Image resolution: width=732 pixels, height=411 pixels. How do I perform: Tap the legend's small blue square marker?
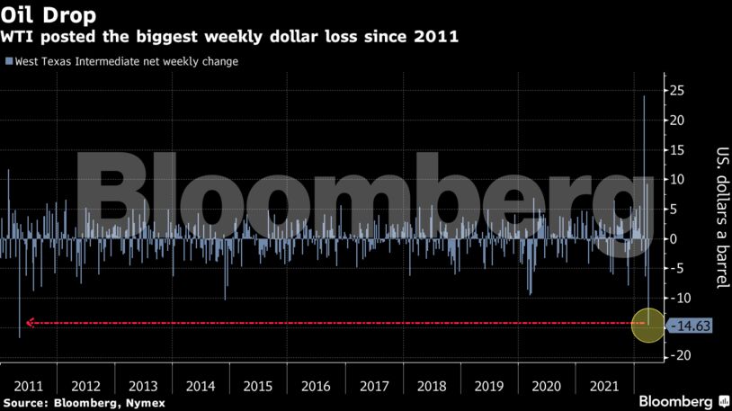8,62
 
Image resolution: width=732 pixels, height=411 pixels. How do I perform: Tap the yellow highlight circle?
647,324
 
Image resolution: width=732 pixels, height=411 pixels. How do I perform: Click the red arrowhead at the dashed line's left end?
31,323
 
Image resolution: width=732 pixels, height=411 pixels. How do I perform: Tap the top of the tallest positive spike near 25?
644,96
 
